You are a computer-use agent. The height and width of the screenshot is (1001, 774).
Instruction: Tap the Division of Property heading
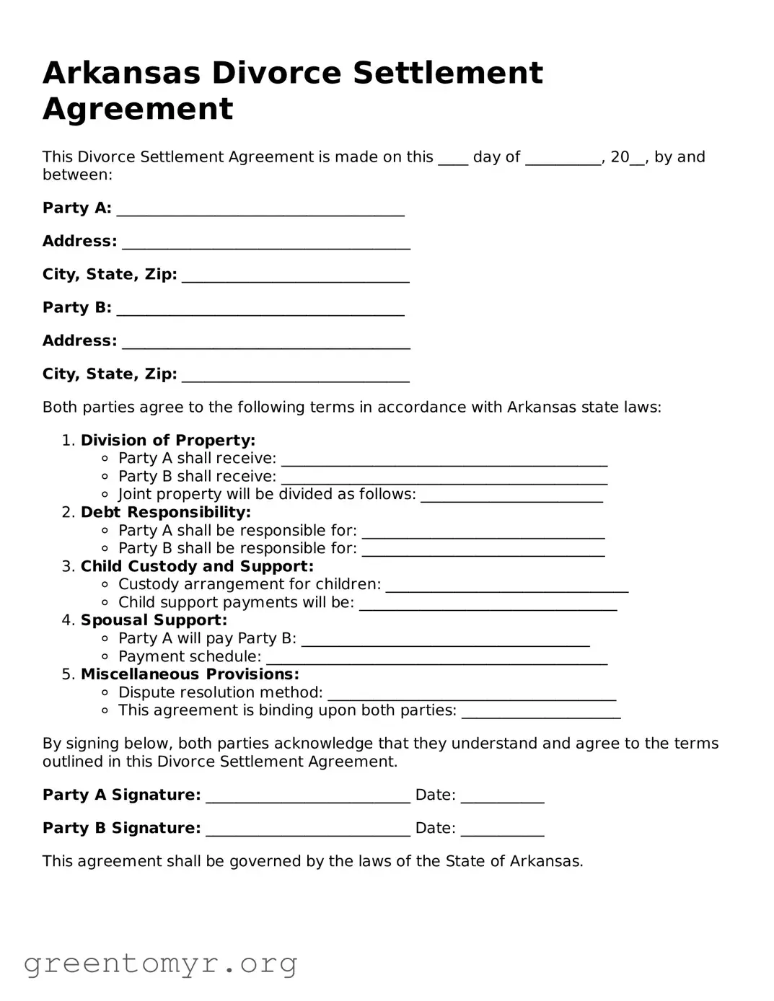point(168,440)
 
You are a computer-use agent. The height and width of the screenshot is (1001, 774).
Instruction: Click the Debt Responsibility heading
point(166,512)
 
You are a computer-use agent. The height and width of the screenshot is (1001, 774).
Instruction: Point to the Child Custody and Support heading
point(197,566)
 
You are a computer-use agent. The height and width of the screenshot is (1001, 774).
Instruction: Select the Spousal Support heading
point(154,620)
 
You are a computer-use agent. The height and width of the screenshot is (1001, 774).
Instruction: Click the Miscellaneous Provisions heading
point(190,674)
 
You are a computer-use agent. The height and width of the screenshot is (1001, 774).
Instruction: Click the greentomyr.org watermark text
point(160,963)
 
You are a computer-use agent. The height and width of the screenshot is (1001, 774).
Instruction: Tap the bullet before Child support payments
point(105,602)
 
